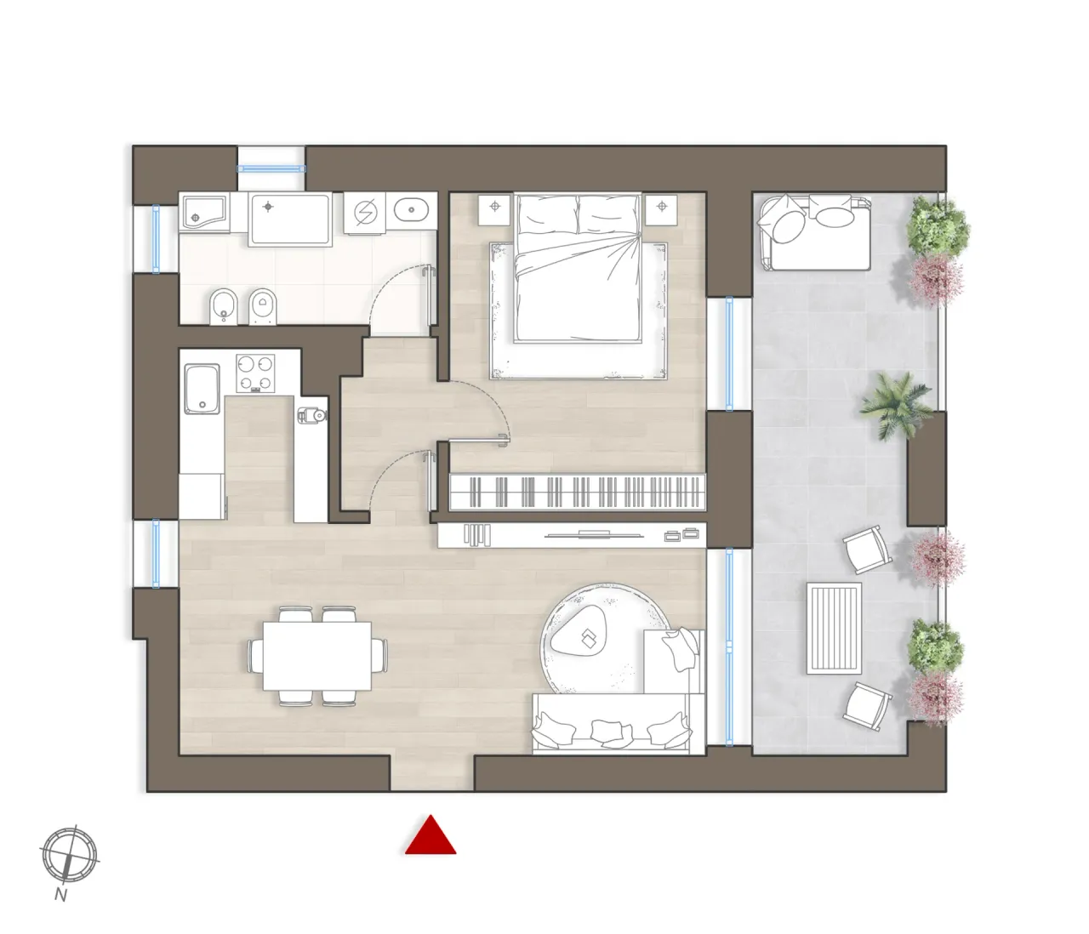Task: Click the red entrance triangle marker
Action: [430, 836]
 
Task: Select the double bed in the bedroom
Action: [579, 267]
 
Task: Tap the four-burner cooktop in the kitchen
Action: [256, 373]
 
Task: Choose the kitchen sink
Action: [202, 388]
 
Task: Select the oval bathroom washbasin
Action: [413, 208]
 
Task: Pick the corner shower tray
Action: [202, 212]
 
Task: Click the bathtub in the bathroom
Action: [289, 219]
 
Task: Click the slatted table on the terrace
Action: [834, 626]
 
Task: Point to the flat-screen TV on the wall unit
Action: [579, 534]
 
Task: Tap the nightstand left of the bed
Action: [493, 208]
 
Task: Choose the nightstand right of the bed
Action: [661, 208]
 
